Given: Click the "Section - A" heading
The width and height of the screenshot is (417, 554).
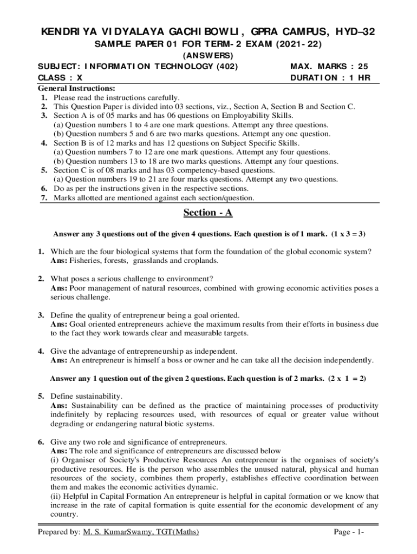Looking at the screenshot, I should tap(208, 213).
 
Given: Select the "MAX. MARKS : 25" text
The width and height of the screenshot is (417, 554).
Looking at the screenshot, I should tap(329, 67).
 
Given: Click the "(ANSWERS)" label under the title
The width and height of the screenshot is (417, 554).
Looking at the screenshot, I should tap(208, 56).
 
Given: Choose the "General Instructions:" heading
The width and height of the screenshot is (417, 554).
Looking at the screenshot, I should tap(76, 88).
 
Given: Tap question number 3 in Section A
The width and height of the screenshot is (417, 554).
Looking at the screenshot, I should tap(41, 315).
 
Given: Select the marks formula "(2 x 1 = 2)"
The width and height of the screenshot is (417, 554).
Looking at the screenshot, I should tap(347, 379).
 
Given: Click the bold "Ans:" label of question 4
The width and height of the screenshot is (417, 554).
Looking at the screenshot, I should tap(59, 360).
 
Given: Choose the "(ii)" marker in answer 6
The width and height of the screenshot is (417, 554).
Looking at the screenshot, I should tap(56, 496).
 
